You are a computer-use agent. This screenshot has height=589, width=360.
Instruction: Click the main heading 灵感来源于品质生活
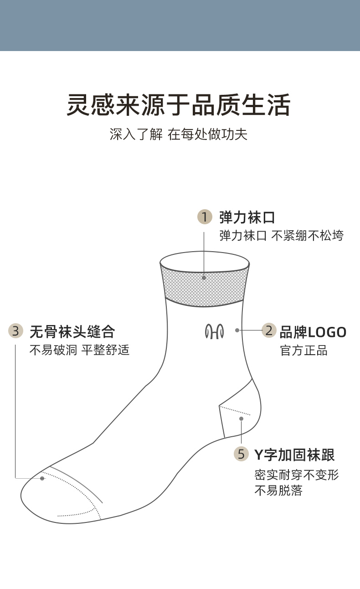point(179,105)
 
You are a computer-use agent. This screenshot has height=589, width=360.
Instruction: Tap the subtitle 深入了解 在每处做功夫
point(179,134)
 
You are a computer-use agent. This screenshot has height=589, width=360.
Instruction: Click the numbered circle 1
point(205,217)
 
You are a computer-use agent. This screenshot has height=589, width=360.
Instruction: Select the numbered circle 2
point(269,330)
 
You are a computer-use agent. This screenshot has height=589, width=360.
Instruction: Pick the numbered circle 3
point(16,331)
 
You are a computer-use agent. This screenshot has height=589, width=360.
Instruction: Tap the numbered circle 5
point(241,454)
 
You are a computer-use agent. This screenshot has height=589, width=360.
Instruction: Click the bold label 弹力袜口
point(247,217)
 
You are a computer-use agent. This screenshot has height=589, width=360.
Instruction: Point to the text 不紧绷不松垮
point(308,236)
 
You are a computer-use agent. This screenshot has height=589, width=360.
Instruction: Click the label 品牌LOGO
point(313,332)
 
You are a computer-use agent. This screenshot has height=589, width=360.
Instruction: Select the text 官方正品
point(303,351)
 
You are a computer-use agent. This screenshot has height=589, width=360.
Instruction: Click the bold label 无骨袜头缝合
point(72,331)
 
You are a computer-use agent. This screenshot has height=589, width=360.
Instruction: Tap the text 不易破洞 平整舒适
point(79,350)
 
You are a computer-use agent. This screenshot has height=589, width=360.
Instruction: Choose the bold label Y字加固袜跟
point(294,455)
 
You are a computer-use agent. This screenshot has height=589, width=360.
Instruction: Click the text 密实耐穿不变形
point(297,475)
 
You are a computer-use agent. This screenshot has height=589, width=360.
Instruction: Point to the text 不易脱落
point(278,491)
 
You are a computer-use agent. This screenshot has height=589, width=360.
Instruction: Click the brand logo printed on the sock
point(214,331)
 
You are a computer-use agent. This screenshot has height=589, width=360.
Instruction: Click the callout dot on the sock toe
point(42,478)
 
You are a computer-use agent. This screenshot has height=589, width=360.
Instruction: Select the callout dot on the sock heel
point(241,418)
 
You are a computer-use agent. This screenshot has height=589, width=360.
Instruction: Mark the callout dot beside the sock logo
point(237,330)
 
